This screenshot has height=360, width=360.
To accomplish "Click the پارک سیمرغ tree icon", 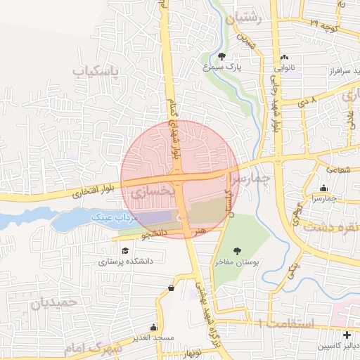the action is (x=222, y=56).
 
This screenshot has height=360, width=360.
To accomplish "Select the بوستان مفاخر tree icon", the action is (x=236, y=250).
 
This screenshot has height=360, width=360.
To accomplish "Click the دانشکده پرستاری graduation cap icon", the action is (x=125, y=251).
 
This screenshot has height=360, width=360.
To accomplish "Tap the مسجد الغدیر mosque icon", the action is (x=153, y=328).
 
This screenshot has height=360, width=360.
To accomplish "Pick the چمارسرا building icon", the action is (x=323, y=188).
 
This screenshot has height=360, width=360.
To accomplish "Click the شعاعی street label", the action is (x=337, y=169).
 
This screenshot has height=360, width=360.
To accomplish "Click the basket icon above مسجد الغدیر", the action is (x=172, y=288).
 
